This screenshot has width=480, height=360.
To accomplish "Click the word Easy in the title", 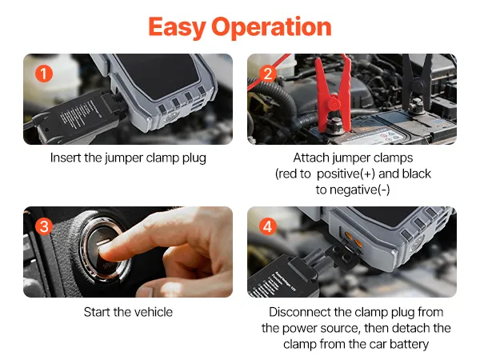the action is point(177,28).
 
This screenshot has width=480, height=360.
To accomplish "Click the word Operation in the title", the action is point(271,27).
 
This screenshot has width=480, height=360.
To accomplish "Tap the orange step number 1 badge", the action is point(44,74).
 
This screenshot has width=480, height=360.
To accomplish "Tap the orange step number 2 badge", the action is point(267,74).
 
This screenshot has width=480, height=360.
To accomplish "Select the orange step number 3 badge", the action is point(44,226).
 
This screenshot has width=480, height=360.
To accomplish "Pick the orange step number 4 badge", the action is point(267,226).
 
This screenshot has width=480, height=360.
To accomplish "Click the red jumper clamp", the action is point(334,95).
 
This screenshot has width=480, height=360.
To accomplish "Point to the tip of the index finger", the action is point(104,253).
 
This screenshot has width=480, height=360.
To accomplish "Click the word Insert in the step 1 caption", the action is point(66,158).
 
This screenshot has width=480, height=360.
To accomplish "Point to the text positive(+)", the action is point(346,174).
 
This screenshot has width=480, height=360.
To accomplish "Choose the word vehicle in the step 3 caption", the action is point(154,312).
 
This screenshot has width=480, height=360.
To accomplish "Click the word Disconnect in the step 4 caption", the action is point(300,312).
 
